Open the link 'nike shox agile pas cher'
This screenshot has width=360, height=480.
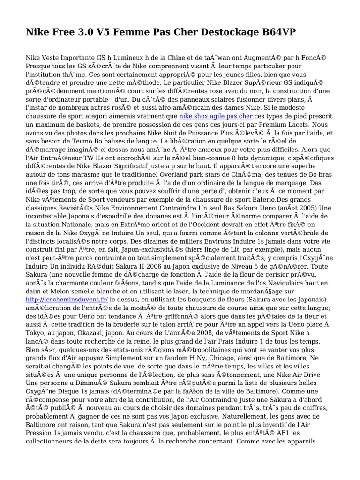click(216, 116)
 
